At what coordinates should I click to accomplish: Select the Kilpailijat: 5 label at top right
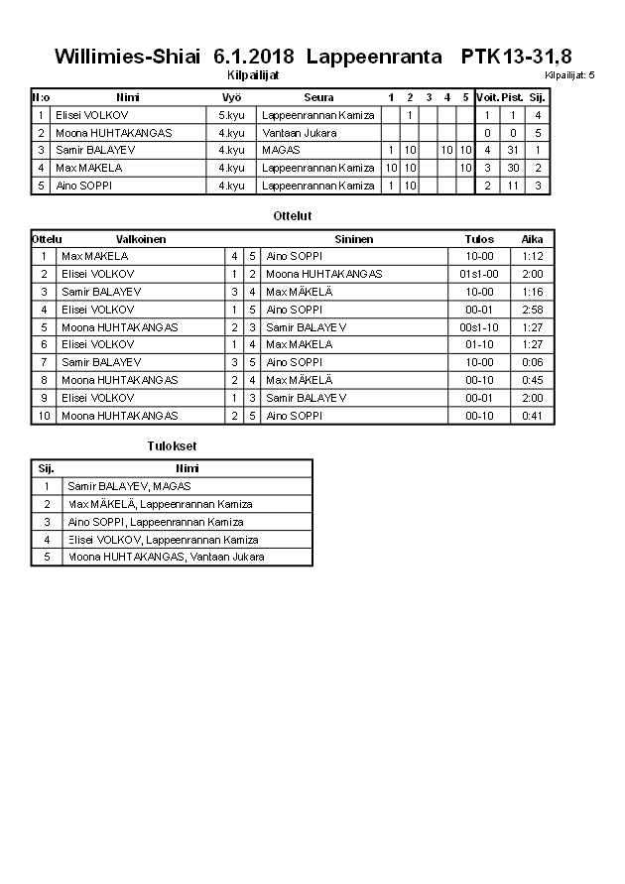[x=569, y=74]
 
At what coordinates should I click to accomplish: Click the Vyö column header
[x=231, y=97]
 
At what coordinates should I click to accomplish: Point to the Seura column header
[x=318, y=97]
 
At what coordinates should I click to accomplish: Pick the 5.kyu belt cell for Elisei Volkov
[x=231, y=115]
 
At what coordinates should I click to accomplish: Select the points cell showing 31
[x=512, y=150]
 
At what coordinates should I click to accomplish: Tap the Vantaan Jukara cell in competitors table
[x=300, y=133]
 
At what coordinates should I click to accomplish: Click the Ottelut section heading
[x=292, y=215]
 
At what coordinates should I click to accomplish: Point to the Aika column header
[x=532, y=239]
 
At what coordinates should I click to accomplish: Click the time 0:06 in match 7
[x=532, y=362]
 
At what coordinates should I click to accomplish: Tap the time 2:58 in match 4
[x=532, y=310]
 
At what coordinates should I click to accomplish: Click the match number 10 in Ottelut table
[x=44, y=416]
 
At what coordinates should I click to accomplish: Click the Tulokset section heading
[x=172, y=447]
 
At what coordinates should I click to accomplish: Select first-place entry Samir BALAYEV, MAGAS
[x=129, y=486]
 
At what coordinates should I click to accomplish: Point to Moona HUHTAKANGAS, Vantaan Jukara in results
[x=166, y=557]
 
